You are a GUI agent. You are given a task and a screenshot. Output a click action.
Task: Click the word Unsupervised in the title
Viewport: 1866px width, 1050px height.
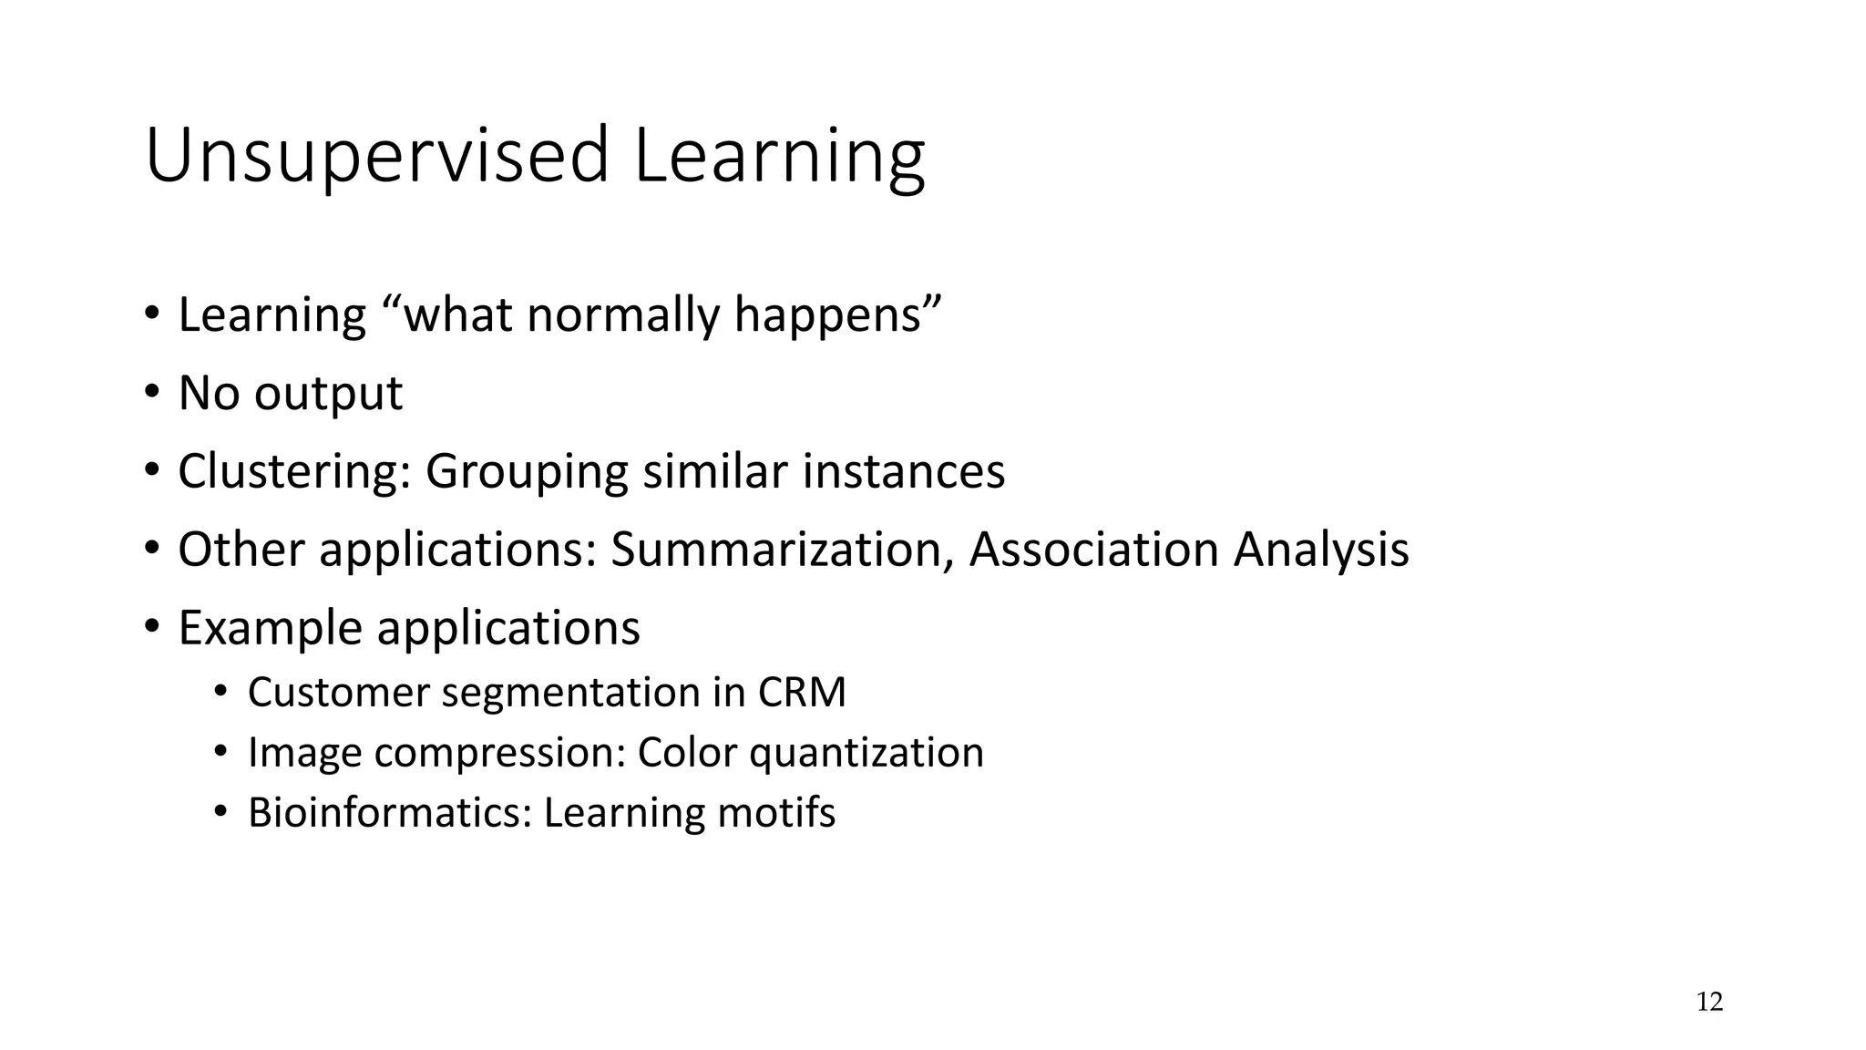[x=376, y=157]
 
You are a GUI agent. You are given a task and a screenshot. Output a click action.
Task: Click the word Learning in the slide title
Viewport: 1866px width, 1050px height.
[x=779, y=157]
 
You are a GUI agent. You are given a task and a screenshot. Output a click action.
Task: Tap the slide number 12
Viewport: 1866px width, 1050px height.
[x=1709, y=1003]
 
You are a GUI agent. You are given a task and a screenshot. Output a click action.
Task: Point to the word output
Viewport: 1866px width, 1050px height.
[x=328, y=394]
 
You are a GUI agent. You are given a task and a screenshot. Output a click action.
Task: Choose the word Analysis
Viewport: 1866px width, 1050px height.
[x=1321, y=551]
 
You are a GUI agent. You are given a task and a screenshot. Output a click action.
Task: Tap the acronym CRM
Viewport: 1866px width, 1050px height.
[x=801, y=693]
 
